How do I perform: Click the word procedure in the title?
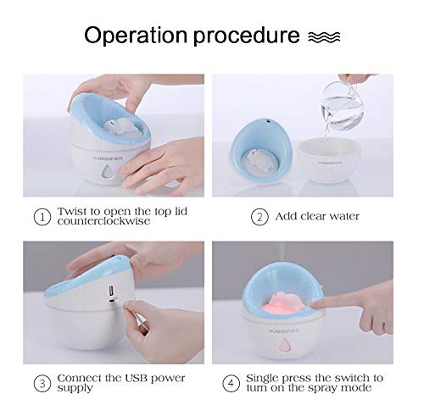coord(253,36)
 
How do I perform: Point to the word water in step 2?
coord(341,216)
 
